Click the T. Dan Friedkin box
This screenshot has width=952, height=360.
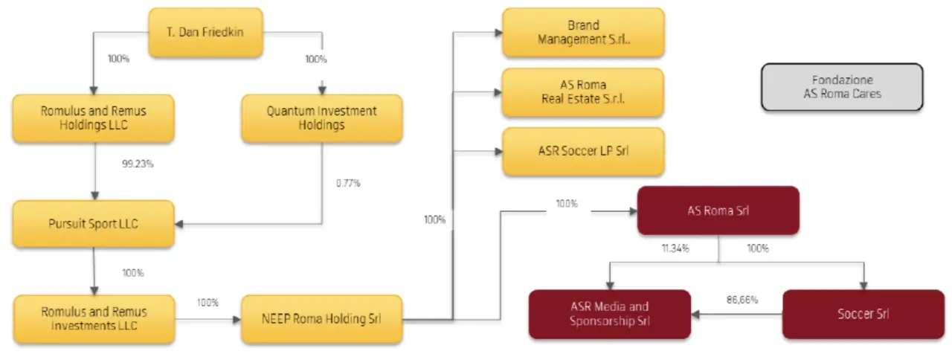(206, 32)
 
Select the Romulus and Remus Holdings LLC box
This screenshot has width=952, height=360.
(94, 118)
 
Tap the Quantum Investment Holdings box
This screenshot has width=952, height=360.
(322, 118)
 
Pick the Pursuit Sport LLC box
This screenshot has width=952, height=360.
(94, 224)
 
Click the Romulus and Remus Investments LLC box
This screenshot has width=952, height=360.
(94, 319)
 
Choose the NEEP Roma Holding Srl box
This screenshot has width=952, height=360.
(322, 319)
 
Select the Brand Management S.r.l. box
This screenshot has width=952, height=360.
(583, 32)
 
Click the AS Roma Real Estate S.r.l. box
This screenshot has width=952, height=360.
(582, 92)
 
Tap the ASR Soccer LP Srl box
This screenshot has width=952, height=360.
(583, 151)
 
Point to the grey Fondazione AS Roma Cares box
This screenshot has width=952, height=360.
(842, 87)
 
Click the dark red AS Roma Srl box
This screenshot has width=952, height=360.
(718, 210)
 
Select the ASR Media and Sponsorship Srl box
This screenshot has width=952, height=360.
(610, 314)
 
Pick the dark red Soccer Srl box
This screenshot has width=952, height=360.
(863, 314)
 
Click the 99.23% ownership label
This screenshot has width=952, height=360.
(138, 164)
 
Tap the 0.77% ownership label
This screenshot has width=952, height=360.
(348, 183)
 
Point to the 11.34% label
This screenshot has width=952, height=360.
(675, 248)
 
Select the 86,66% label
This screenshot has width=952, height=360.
(742, 300)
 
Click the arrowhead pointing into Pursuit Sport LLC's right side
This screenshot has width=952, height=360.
(179, 224)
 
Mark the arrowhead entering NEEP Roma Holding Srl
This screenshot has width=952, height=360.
(237, 320)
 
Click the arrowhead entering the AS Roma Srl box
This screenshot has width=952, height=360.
(633, 211)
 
